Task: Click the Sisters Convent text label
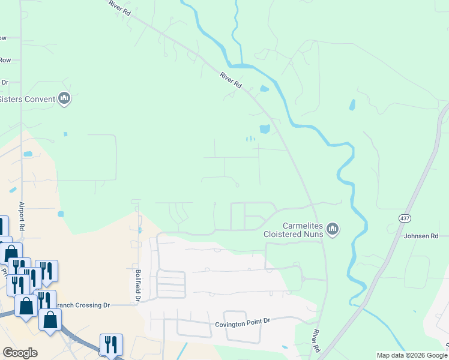coord(28,99)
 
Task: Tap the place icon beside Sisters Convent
coord(64,98)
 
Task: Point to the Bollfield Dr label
coord(137,286)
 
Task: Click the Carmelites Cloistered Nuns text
coord(294,230)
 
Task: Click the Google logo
coord(20,353)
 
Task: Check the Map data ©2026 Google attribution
coord(412,355)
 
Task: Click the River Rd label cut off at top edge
coord(118,8)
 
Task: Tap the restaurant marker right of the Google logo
coord(110,344)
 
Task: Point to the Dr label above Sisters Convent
coord(4,82)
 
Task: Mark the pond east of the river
coord(351,105)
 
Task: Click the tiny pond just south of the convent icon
coord(65,134)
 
